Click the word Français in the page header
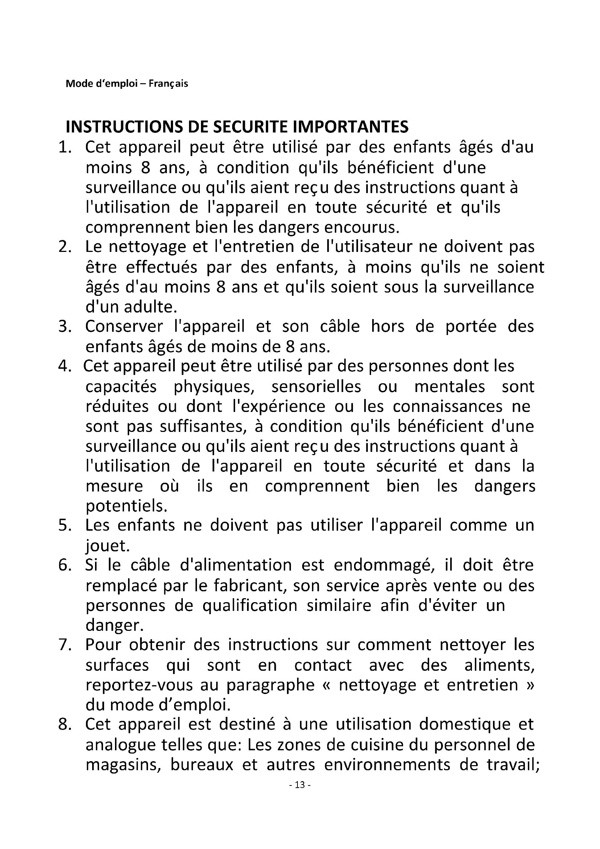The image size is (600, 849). point(168,84)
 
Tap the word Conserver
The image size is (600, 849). point(124,327)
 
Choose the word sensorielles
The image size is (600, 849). point(316,387)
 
